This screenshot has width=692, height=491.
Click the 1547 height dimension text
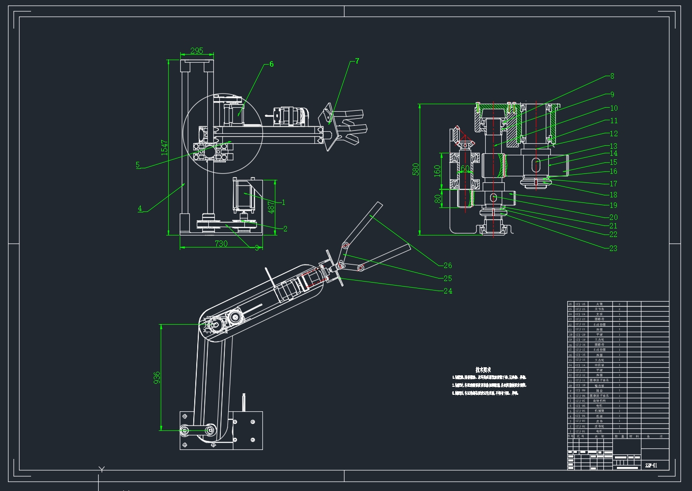(x=164, y=147)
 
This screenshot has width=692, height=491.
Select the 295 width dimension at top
(x=197, y=51)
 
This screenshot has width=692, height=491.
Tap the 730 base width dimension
(x=221, y=243)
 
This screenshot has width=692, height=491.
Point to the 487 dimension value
(x=271, y=207)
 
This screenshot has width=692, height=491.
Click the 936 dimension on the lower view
(x=157, y=377)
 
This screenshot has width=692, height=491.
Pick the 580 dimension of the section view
(x=416, y=169)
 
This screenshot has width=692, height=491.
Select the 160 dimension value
(x=437, y=171)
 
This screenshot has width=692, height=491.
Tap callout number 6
(x=271, y=64)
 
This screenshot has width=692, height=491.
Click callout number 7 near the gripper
(x=357, y=61)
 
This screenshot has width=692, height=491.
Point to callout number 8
(x=612, y=76)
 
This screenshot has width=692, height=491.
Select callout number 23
(x=613, y=248)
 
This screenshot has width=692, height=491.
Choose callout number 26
(x=448, y=266)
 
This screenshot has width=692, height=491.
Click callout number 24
(x=448, y=291)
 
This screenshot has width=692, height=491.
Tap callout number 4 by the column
(x=140, y=209)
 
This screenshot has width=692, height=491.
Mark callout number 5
(x=138, y=165)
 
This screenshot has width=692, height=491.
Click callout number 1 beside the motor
(x=283, y=202)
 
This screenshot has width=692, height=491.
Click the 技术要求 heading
(x=483, y=369)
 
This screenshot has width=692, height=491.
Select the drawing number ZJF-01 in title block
(x=651, y=465)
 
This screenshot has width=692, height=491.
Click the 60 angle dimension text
(x=465, y=168)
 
